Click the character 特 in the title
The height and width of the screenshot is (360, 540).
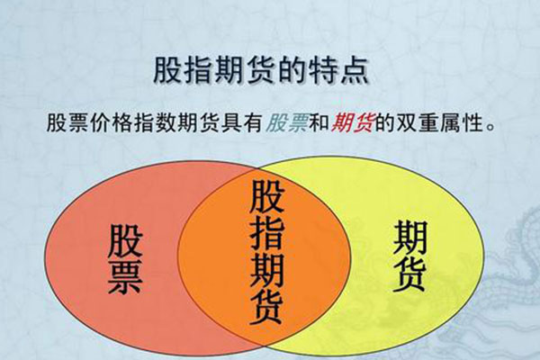[x=324, y=70]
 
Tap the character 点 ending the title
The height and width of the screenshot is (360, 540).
[x=355, y=70]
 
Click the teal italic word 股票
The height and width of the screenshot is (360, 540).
[x=287, y=123]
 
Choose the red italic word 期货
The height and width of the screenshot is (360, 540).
[x=352, y=123]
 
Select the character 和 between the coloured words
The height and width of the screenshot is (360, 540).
[x=319, y=123]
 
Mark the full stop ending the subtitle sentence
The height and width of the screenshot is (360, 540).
[x=490, y=128]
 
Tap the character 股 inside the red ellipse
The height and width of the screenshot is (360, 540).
[x=125, y=241]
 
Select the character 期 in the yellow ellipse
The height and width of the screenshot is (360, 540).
[x=409, y=238]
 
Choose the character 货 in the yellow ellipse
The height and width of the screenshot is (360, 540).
[x=409, y=274]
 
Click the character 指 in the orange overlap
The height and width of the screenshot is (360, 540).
[x=267, y=234]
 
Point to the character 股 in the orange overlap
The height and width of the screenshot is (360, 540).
[x=267, y=196]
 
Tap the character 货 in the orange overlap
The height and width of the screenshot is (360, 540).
[x=267, y=308]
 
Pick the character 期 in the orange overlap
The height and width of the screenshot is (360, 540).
[x=267, y=270]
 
